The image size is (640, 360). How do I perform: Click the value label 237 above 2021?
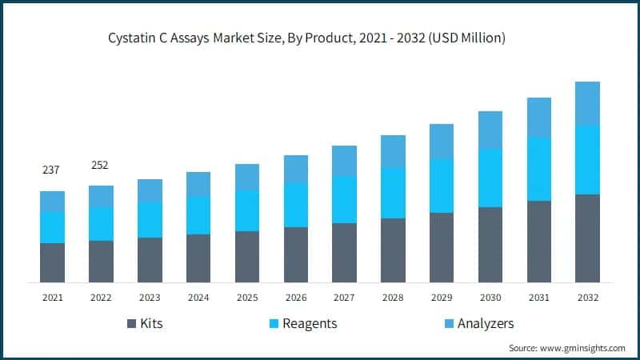pyautogui.click(x=52, y=170)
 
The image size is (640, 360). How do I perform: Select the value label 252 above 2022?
pyautogui.click(x=101, y=165)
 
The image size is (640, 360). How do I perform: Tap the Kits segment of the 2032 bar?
pyautogui.click(x=587, y=238)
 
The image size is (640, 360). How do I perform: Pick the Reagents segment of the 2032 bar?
pyautogui.click(x=587, y=159)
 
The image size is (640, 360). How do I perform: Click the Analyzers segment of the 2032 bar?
pyautogui.click(x=587, y=103)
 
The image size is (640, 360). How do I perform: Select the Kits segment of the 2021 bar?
pyautogui.click(x=52, y=262)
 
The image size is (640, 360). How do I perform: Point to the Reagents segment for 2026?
pyautogui.click(x=296, y=205)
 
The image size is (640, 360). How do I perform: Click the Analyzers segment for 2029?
pyautogui.click(x=442, y=141)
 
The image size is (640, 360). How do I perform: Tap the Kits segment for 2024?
pyautogui.click(x=198, y=258)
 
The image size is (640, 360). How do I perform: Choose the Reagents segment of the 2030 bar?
pyautogui.click(x=490, y=178)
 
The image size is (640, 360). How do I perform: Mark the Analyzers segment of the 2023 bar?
pyautogui.click(x=150, y=190)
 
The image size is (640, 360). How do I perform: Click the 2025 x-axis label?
pyautogui.click(x=247, y=297)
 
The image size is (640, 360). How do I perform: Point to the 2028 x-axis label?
pyautogui.click(x=393, y=297)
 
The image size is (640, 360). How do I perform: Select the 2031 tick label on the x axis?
pyautogui.click(x=539, y=297)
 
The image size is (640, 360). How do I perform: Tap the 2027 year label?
pyautogui.click(x=344, y=297)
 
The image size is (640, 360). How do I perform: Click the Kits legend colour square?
pyautogui.click(x=131, y=324)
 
